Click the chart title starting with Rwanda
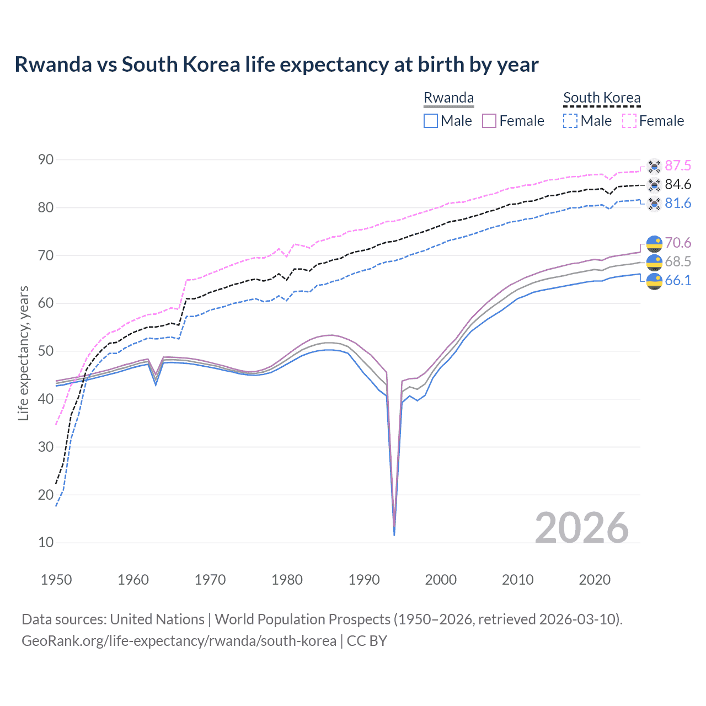(276, 65)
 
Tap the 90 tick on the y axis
(46, 160)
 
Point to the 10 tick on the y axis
(46, 543)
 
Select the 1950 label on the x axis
(56, 580)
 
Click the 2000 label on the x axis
(441, 580)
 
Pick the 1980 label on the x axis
(287, 580)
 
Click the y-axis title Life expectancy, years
(23, 353)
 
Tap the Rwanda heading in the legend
(448, 98)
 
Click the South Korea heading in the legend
(602, 98)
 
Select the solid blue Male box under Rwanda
(431, 121)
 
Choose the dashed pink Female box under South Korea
(629, 121)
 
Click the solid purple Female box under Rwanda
(490, 121)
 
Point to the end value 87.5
(678, 165)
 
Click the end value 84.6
(678, 184)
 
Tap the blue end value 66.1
(678, 280)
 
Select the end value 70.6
(678, 243)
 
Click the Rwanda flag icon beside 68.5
(654, 262)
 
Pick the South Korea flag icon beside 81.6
(654, 204)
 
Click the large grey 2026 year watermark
(582, 528)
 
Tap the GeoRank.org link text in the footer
(179, 641)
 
